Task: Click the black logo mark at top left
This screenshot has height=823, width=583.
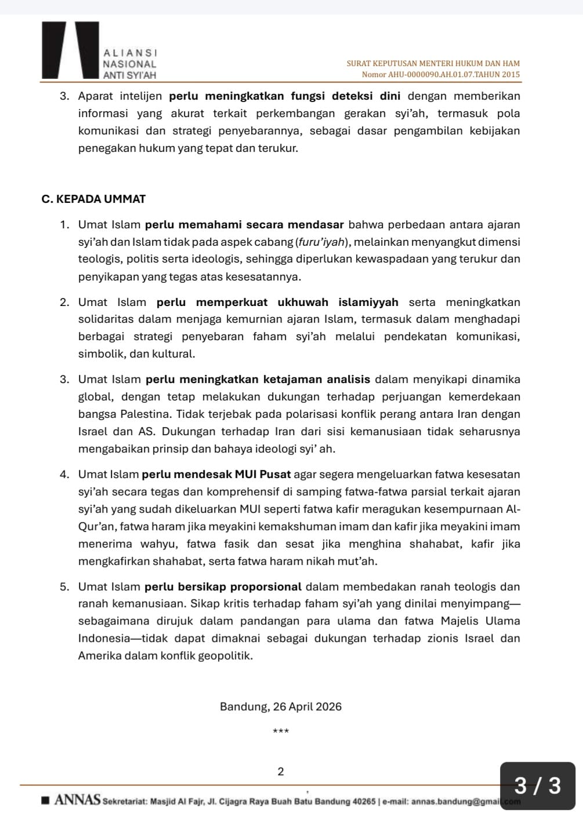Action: tap(70, 50)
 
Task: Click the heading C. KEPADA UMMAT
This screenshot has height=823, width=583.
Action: tap(93, 199)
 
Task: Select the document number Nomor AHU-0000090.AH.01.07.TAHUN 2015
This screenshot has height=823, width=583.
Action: tap(440, 75)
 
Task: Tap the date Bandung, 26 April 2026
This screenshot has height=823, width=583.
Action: tap(281, 707)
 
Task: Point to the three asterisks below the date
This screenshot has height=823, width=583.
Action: tap(281, 731)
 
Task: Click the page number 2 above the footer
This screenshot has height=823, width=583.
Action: tap(281, 771)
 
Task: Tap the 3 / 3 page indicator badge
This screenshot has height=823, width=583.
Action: tap(538, 785)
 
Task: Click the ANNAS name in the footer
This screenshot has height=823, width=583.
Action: tap(77, 801)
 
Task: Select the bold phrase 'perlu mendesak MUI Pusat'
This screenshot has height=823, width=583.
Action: tap(216, 475)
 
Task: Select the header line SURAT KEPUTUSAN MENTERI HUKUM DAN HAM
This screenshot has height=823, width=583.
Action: tap(433, 63)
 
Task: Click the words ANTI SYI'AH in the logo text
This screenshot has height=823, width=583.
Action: tap(129, 75)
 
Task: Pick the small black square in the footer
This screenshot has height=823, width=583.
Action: tap(46, 801)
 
